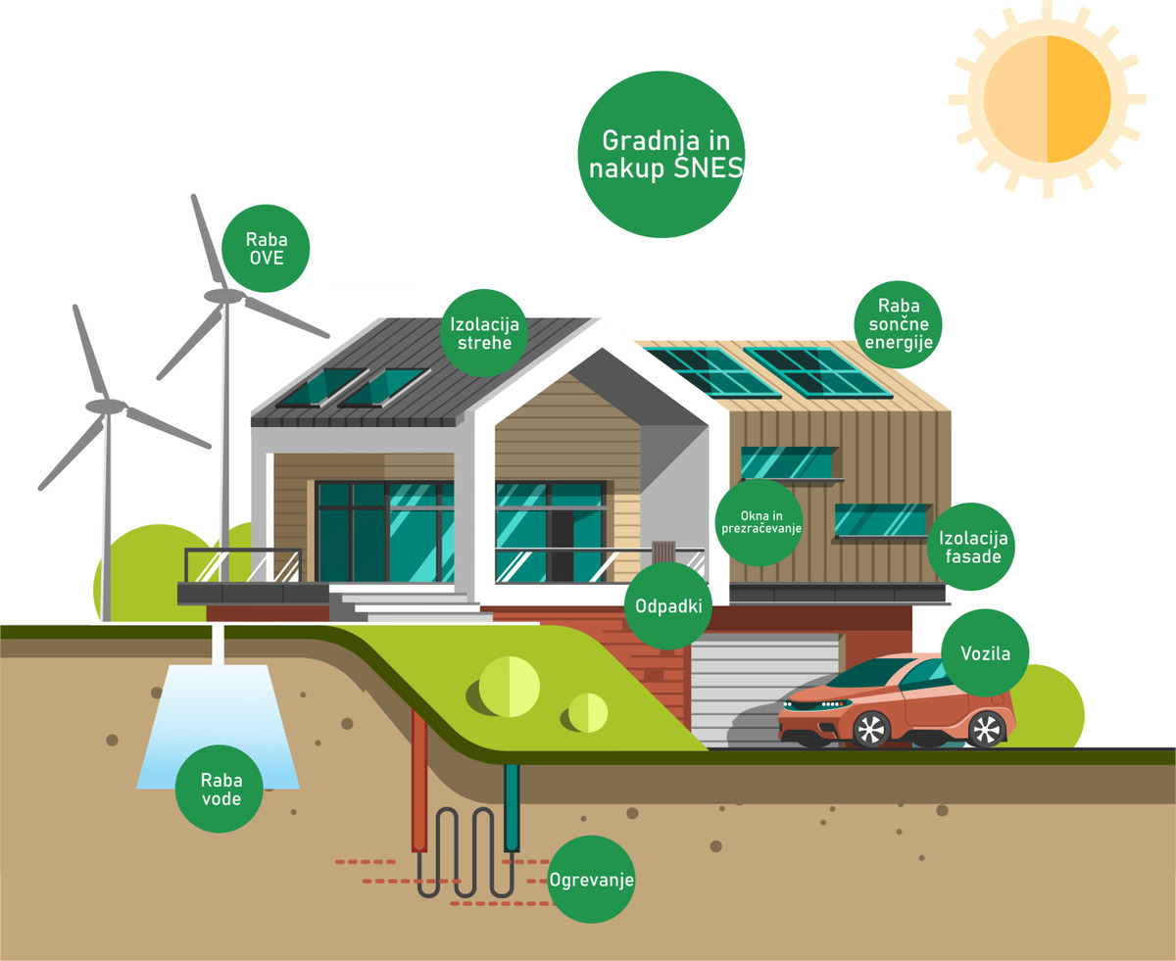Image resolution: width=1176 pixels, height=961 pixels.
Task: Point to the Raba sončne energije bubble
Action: tap(898, 323)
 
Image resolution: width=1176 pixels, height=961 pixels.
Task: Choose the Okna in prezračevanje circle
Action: tap(760, 521)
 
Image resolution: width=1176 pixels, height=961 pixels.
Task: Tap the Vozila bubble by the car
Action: tap(985, 652)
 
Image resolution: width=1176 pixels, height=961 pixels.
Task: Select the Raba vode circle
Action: tap(220, 789)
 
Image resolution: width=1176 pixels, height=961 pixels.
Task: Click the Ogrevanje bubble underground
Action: tap(592, 879)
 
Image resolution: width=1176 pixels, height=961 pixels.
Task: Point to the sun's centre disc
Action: tap(1047, 99)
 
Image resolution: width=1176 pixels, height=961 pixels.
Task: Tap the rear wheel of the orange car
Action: tap(986, 728)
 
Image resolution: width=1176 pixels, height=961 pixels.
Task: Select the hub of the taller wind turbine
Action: tap(223, 295)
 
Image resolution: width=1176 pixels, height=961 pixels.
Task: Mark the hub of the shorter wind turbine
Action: tap(106, 405)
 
